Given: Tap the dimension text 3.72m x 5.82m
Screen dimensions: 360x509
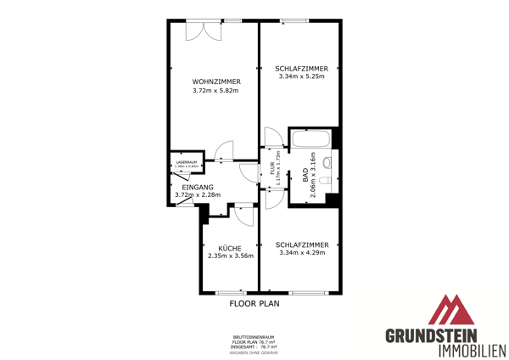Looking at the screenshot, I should pos(215,91).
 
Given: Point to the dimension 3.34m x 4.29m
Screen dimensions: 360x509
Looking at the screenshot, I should pos(302,252).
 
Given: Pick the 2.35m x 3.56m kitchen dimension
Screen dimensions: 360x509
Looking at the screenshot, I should pos(231,256).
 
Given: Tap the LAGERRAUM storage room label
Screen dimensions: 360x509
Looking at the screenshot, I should pos(187,161).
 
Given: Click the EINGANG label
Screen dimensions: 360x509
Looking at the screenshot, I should pos(198,187).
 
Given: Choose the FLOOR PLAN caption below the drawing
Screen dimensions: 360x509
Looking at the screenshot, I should pos(255,302).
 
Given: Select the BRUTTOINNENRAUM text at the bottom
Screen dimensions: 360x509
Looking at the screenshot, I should pos(255,336).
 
